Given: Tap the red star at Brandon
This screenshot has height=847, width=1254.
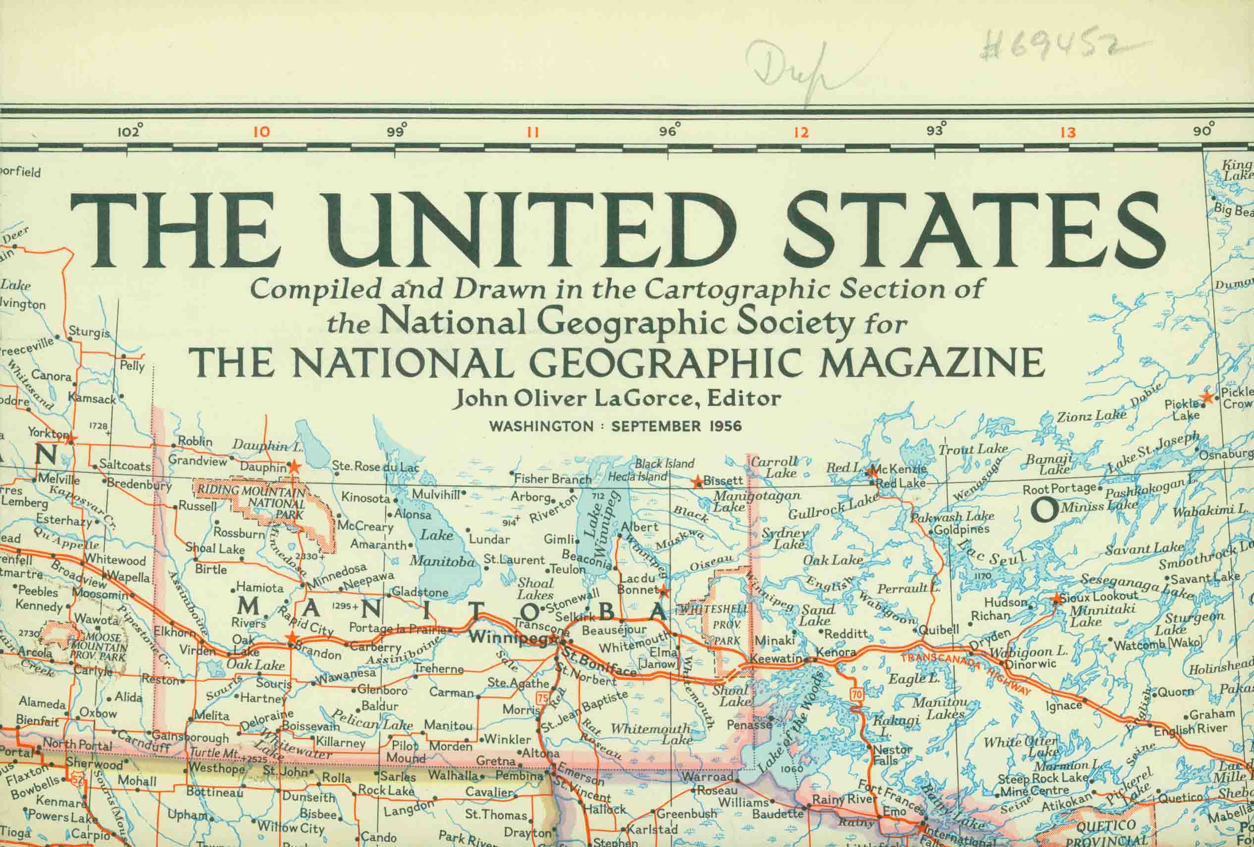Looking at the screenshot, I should pos(291,638).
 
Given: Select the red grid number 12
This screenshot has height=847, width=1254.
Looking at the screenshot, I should pos(801,132).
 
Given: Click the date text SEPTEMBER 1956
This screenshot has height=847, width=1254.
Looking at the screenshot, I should pos(676,426).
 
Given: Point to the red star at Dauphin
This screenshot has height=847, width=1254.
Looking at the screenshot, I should pos(294,467).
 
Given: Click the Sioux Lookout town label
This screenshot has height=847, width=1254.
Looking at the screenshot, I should pos(1098,597).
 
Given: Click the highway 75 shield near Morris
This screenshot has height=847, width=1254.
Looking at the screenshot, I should pos(541,698).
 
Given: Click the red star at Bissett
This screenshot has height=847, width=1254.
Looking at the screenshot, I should pos(697,481).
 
